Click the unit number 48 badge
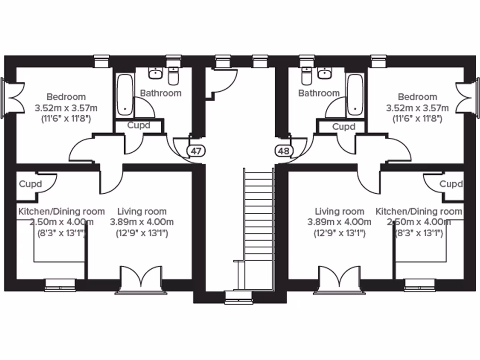(283, 151)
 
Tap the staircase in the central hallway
(258, 230)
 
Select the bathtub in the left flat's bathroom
(125, 95)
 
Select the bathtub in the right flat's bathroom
(354, 95)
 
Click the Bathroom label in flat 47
(161, 93)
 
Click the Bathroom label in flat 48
(319, 93)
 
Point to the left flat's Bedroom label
(66, 97)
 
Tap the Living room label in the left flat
(142, 211)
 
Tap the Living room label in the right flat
(339, 211)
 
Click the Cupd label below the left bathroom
(139, 126)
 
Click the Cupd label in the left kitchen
(30, 184)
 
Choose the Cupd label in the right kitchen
(451, 184)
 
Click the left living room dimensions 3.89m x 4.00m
(142, 222)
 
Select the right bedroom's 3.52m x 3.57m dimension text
(417, 108)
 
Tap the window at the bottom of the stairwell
(238, 295)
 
